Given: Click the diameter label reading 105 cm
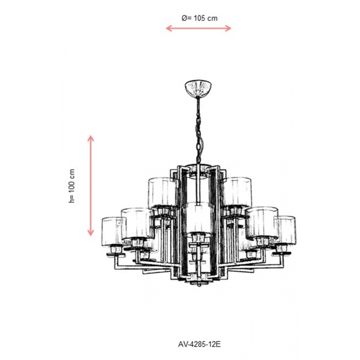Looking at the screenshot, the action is pos(206,18).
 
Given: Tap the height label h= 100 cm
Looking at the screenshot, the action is pos(72,186).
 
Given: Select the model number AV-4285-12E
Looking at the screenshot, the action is pos(200,344).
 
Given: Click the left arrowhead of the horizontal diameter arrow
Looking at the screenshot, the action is pos(168,28).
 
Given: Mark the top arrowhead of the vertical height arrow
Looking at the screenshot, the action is pos(91,138).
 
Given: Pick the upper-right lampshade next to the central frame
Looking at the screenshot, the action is pos(237,192).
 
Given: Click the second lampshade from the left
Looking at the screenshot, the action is pos(137,223).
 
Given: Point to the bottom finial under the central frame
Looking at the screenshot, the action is pos(199,282).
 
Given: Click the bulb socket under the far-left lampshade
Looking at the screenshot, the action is pos(116,249).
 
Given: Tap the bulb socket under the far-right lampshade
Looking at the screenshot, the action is pos(282,248).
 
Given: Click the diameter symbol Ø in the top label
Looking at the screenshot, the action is pos(185,18).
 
